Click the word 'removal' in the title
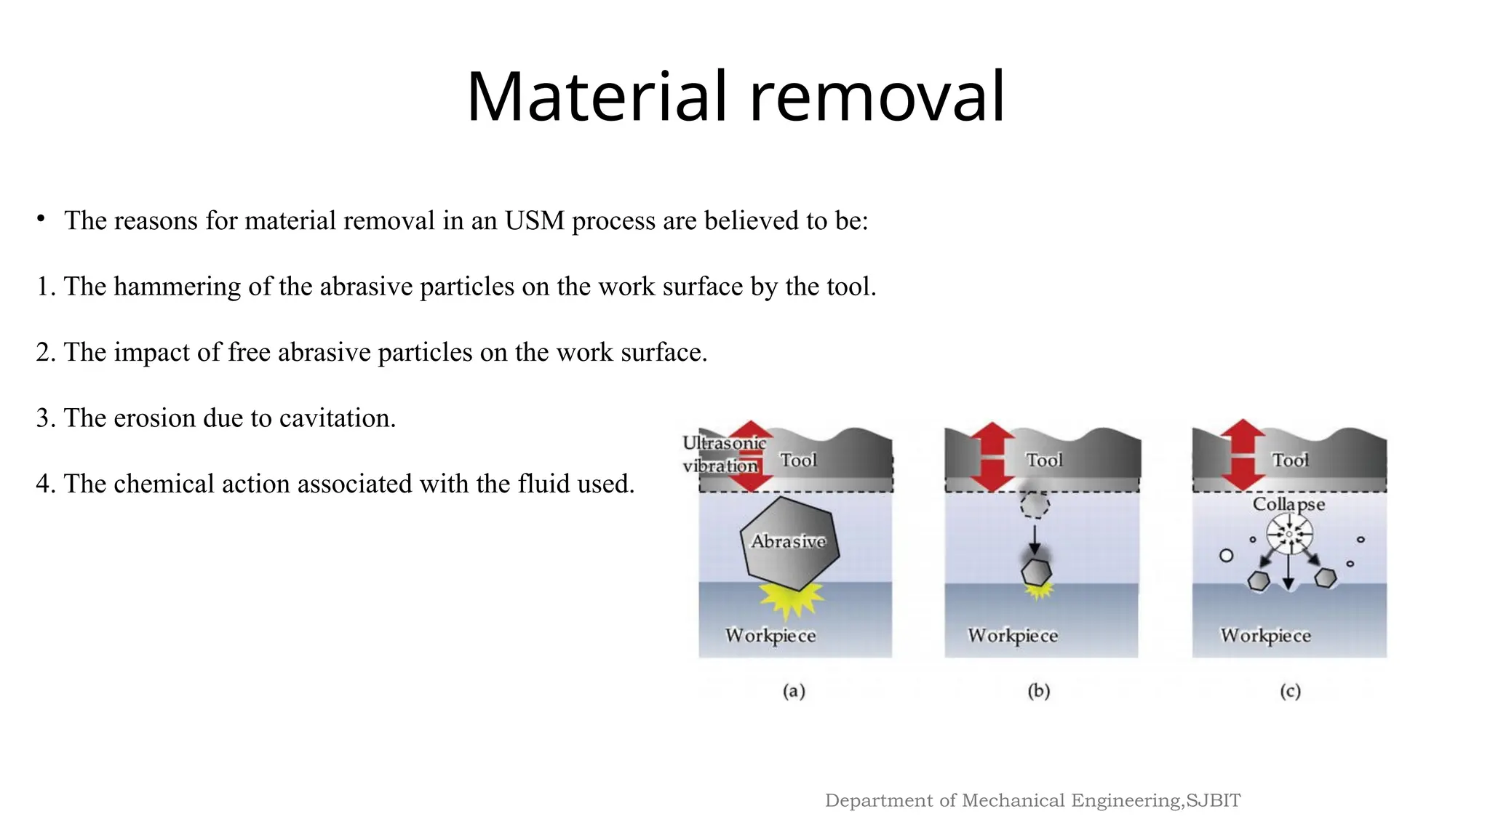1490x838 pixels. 877,97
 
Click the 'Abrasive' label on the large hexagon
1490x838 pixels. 789,541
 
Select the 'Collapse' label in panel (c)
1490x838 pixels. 1288,504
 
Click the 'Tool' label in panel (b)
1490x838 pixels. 1044,460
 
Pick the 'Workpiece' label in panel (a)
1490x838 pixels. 770,635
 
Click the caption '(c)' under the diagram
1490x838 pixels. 1290,690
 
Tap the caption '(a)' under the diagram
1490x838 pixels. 794,690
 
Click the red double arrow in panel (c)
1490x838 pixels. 1243,455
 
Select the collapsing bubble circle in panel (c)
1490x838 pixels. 1289,534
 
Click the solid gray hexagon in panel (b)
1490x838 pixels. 1036,572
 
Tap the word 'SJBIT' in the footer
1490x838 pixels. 1213,800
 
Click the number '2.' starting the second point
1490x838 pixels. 46,353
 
